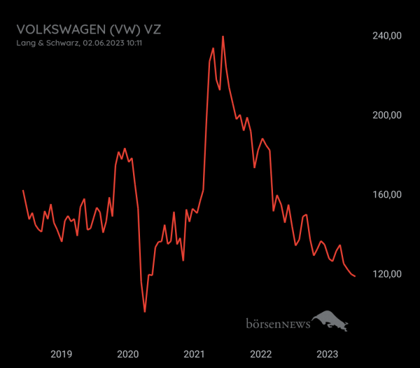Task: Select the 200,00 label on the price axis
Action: point(386,115)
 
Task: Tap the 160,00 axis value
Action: point(386,194)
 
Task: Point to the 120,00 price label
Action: point(386,273)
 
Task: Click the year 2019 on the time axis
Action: point(61,354)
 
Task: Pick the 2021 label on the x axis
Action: point(195,354)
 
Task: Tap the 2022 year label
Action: point(261,354)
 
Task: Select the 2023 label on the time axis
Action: point(328,354)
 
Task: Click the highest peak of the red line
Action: point(223,36)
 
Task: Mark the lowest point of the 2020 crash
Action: point(145,311)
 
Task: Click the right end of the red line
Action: point(355,276)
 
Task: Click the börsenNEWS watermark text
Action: point(278,324)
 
